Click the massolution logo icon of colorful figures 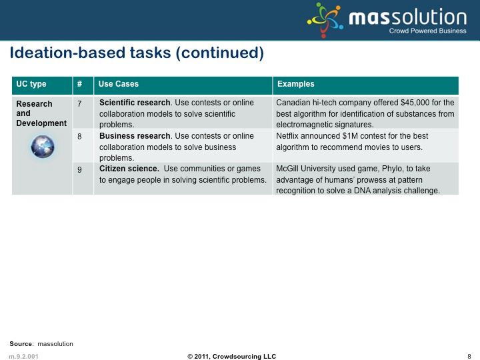tap(325, 20)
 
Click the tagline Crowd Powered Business tap(427, 31)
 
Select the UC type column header tap(31, 84)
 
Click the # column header tap(79, 84)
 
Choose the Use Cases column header tap(119, 84)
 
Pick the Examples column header tap(296, 84)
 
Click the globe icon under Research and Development tap(43, 147)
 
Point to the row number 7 tap(79, 104)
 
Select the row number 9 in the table tap(79, 169)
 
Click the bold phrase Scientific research tap(135, 103)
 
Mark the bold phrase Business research tap(135, 135)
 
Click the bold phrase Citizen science tap(129, 169)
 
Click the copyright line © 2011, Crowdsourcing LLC tap(232, 356)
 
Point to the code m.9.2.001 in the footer tap(23, 356)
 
